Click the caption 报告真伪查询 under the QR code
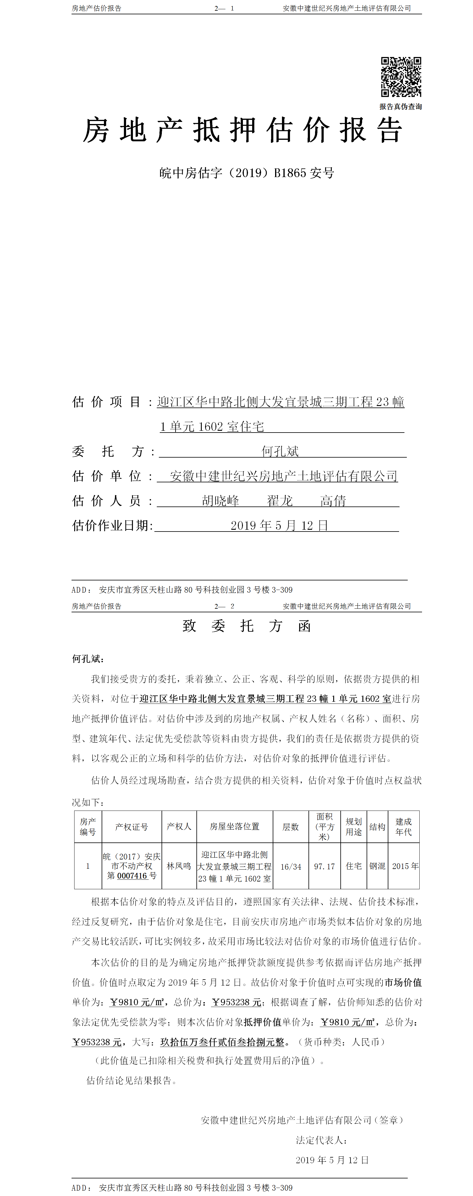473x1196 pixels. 401,107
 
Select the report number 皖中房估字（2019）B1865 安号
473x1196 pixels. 246,173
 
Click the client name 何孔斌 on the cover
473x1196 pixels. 280,451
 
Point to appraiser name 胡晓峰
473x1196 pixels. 221,501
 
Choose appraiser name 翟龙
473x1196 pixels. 280,501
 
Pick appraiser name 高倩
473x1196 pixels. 333,501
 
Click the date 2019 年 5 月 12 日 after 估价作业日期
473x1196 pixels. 280,526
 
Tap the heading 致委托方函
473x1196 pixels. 246,626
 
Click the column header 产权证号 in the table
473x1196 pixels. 132,827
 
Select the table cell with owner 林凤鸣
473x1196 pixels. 179,866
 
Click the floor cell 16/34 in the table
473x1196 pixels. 291,866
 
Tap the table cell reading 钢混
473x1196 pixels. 377,866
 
